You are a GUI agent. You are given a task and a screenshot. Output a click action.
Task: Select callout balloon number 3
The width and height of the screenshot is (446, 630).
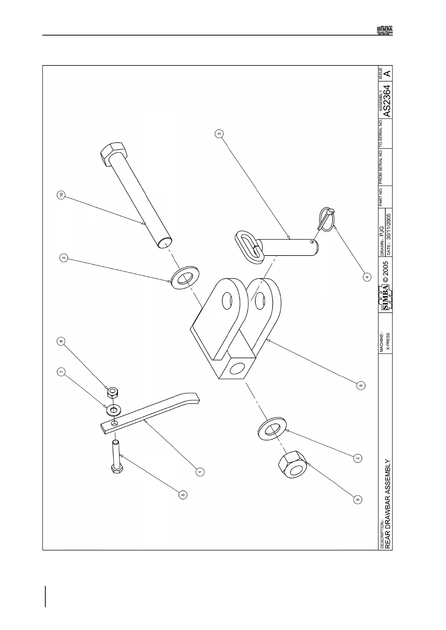pos(220,133)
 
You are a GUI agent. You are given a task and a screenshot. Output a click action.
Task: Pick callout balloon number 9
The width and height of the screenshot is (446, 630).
pos(360,385)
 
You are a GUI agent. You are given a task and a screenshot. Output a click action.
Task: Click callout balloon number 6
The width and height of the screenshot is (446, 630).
pos(183,495)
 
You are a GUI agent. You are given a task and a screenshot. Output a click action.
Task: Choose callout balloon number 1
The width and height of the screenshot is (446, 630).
pos(200,472)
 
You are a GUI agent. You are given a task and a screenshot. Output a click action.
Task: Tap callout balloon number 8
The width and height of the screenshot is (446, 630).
pos(61,341)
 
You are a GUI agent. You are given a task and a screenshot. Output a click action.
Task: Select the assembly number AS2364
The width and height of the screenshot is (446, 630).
pos(388,101)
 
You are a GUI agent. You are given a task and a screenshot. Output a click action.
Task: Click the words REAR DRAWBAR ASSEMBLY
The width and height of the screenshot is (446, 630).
pos(388,504)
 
